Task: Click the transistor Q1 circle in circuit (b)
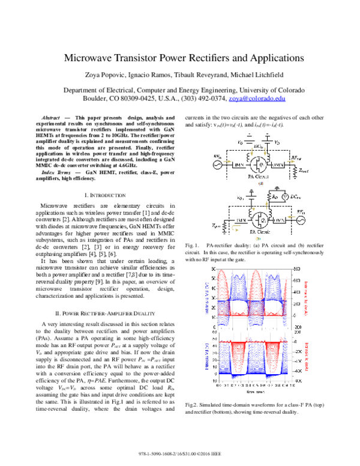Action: click(x=259, y=219)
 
